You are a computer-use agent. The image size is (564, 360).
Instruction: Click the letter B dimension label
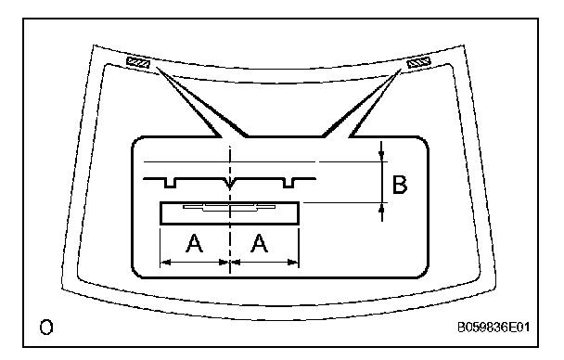[x=400, y=185]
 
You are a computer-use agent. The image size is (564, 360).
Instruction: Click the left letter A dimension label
[x=194, y=243]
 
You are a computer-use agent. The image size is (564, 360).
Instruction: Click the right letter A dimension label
[x=260, y=243]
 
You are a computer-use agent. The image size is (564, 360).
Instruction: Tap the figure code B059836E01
[x=493, y=328]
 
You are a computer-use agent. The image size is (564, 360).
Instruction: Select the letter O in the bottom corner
[x=46, y=328]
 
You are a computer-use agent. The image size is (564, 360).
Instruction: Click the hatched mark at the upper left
[x=138, y=63]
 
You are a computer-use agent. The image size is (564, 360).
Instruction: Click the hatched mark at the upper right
[x=418, y=63]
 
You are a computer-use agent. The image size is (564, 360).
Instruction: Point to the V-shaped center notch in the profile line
[x=230, y=184]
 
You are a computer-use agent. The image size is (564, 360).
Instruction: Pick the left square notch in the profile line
[x=170, y=183]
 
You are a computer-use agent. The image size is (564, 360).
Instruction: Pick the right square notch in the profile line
[x=288, y=183]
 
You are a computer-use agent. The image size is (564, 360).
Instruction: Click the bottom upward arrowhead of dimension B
[x=381, y=208]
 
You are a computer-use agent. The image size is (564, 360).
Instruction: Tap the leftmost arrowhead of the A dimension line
[x=165, y=263]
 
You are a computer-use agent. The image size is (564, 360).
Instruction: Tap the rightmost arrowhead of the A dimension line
[x=293, y=263]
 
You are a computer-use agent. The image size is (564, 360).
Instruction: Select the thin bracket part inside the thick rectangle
[x=229, y=208]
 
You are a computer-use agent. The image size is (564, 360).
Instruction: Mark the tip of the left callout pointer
[x=156, y=67]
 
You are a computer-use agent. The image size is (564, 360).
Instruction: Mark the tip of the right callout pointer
[x=401, y=70]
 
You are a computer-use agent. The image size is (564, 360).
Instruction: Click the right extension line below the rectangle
[x=299, y=247]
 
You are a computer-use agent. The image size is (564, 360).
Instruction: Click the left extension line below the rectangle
[x=160, y=247]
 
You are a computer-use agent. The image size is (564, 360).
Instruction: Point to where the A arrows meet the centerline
[x=230, y=263]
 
